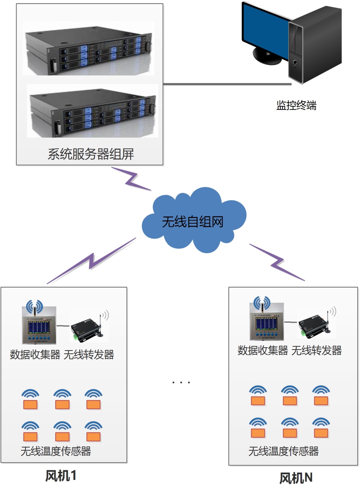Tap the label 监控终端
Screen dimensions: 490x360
tap(296, 105)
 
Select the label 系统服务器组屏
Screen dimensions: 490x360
tap(90, 154)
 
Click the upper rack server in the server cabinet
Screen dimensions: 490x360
tap(89, 50)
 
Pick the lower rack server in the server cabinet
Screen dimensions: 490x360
tap(92, 112)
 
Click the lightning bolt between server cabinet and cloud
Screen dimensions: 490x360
tap(132, 179)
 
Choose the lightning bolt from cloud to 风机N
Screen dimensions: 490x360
tap(277, 262)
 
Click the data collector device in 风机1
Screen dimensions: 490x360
tap(39, 325)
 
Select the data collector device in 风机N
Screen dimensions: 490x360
tap(267, 321)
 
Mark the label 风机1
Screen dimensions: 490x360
tap(61, 476)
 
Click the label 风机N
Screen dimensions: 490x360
tap(296, 478)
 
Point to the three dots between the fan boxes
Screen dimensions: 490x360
tap(181, 382)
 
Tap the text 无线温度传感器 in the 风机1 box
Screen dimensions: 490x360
tap(56, 451)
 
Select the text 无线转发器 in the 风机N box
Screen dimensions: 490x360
tap(316, 351)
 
